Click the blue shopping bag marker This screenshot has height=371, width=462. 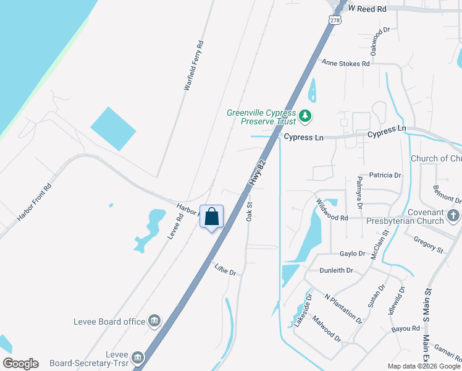211,217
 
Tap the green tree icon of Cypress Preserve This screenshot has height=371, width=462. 304,116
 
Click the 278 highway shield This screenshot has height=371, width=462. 335,20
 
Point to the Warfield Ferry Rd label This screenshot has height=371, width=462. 194,66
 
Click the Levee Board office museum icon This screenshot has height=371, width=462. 154,322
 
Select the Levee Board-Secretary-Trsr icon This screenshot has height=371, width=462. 137,357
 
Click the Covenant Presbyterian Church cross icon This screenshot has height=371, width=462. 453,216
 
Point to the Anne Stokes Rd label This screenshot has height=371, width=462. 346,63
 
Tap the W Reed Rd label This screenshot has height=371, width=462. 367,9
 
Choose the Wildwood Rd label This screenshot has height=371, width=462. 332,210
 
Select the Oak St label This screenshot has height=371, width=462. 250,211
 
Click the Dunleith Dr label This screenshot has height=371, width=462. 336,271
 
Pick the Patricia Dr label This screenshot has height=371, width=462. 385,176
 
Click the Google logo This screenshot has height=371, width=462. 20,364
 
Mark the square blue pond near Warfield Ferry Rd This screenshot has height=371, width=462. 113,129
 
